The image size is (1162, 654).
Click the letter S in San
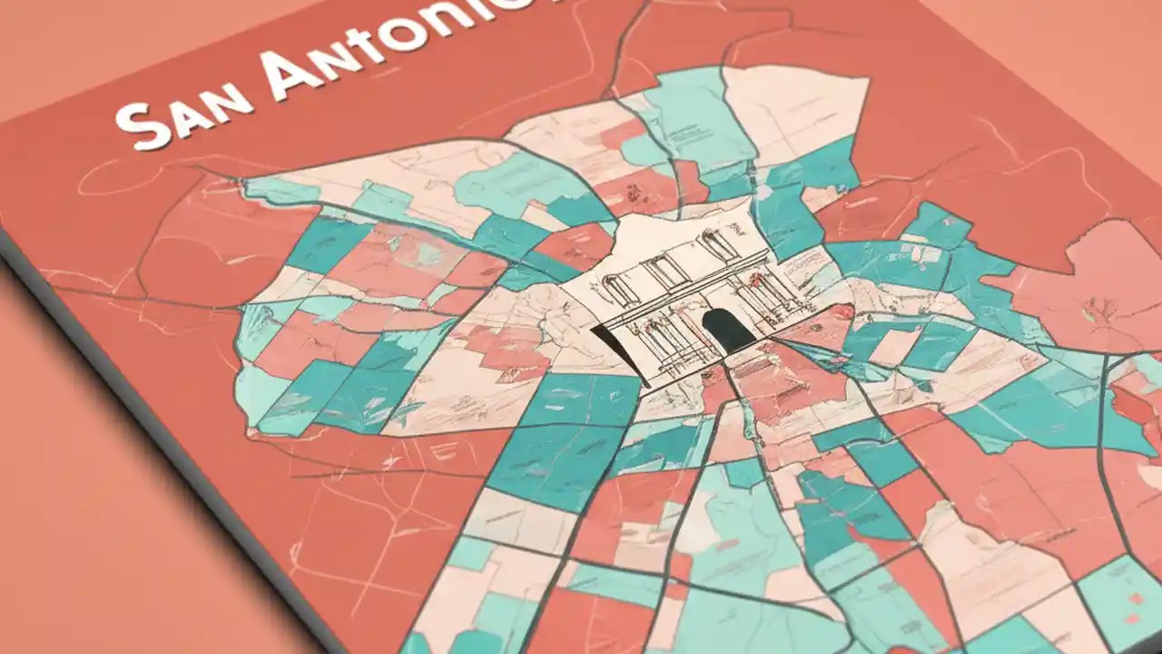(143, 127)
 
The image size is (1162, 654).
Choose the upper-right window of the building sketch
(716, 245)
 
